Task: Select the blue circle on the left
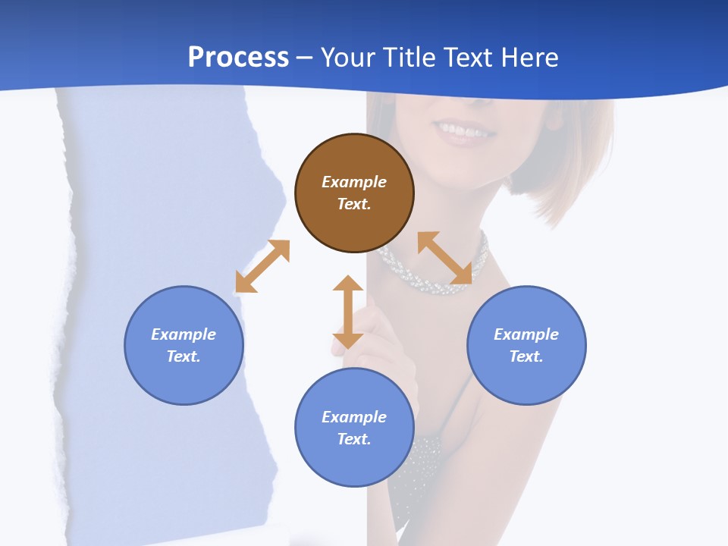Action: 184,345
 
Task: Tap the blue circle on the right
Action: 526,345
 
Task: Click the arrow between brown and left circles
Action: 262,266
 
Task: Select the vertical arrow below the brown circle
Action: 348,312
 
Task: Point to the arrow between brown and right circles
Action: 444,259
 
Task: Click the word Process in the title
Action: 238,58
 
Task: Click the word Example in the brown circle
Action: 354,182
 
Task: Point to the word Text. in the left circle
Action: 184,356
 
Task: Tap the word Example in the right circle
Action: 526,334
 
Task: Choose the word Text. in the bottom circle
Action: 354,439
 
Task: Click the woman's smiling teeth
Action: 464,130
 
